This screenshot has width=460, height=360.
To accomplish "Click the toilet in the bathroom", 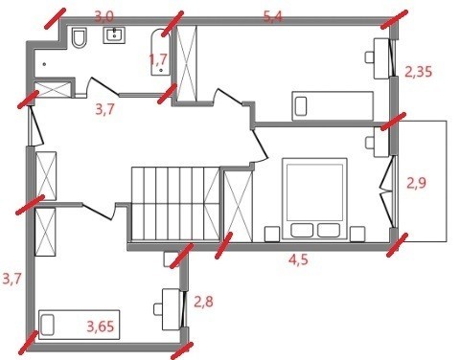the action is coord(80,38).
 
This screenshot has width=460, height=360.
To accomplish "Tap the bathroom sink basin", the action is coord(114,35).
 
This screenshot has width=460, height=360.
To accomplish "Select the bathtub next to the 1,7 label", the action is coord(161,53).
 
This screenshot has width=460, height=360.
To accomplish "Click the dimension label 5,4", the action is coord(273,16).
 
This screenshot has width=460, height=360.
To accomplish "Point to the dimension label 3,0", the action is coord(104,16).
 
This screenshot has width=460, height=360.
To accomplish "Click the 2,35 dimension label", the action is coord(419,72).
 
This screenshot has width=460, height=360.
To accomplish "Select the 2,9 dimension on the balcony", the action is coord(416,183).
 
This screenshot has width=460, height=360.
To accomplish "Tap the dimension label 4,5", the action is coord(299,260).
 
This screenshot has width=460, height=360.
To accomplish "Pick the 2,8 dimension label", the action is coord(204,302).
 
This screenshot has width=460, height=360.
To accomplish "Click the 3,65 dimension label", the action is coord(101,326).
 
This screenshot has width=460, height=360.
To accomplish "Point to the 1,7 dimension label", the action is coord(158,59).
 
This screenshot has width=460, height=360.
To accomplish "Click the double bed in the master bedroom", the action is coord(314,198).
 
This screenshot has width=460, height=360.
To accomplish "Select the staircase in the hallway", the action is coord(175,203).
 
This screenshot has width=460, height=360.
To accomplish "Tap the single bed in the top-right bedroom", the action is coord(333,106).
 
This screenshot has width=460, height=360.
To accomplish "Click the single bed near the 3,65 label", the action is coord(80,325).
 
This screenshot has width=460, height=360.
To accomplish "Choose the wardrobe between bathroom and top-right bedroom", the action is coord(187,63).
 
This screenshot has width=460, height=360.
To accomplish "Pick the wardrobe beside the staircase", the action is coord(239,206).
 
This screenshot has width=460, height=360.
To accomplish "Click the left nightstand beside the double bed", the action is coord(272,235).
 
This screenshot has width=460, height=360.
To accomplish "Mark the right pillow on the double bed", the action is coord(329,230).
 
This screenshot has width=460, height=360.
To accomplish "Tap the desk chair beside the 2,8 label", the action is coord(158,309).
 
